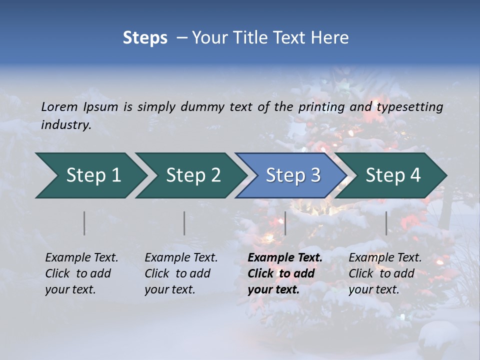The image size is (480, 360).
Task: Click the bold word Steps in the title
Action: pyautogui.click(x=145, y=38)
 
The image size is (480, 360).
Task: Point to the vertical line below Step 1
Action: pyautogui.click(x=84, y=223)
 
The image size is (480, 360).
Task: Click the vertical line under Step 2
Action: pyautogui.click(x=184, y=223)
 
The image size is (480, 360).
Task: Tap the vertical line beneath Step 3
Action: pyautogui.click(x=285, y=223)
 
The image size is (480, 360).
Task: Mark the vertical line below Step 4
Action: pyautogui.click(x=386, y=223)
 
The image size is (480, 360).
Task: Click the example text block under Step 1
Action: pyautogui.click(x=81, y=273)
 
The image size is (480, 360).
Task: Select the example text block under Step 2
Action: pyautogui.click(x=181, y=273)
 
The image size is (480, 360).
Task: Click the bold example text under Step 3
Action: pyautogui.click(x=285, y=273)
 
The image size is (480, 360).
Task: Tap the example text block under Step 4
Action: pyautogui.click(x=385, y=273)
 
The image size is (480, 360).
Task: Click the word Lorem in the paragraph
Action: pyautogui.click(x=59, y=106)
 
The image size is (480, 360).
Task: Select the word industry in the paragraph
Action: pyautogui.click(x=66, y=125)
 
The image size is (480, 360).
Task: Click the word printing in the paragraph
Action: pyautogui.click(x=321, y=106)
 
